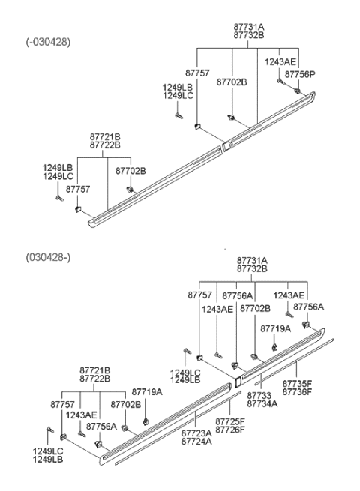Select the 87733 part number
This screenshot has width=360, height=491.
(x=259, y=395)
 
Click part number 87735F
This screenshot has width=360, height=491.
(x=297, y=383)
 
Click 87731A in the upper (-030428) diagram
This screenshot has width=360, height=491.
(x=249, y=26)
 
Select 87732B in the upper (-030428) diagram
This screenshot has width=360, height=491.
(x=249, y=34)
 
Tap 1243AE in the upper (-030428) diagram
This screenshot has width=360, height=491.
(x=280, y=61)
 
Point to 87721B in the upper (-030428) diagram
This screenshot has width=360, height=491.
(x=105, y=137)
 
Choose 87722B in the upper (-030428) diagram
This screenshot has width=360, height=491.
(x=105, y=145)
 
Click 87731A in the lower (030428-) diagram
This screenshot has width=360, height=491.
(x=253, y=260)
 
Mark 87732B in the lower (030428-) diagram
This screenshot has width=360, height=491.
(x=253, y=268)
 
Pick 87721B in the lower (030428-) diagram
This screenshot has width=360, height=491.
(x=95, y=370)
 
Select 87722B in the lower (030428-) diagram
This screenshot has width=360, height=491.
(x=95, y=379)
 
